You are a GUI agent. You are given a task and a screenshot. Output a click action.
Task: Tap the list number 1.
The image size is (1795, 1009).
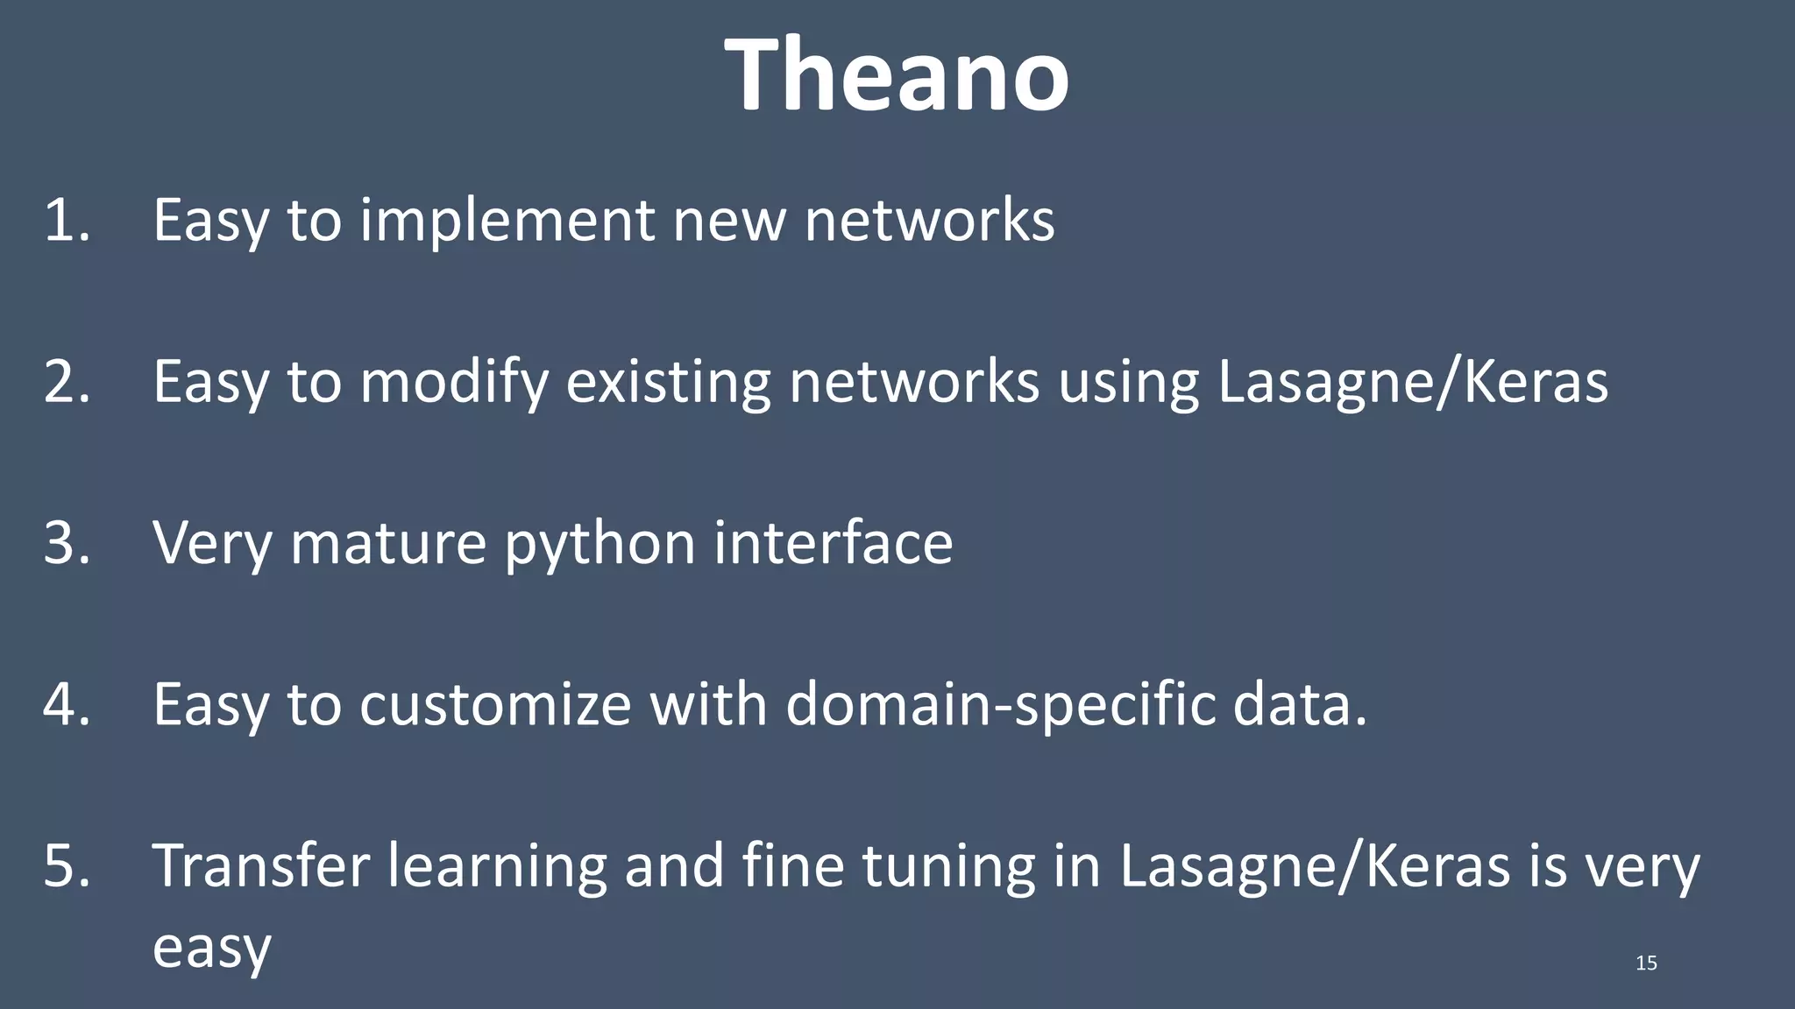(x=66, y=220)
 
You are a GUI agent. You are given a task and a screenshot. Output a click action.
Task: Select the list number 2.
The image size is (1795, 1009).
(x=67, y=382)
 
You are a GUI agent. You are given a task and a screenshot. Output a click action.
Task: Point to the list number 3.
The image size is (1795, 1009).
(x=67, y=543)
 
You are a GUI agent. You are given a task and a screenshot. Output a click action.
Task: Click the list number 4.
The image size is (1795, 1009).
(x=67, y=704)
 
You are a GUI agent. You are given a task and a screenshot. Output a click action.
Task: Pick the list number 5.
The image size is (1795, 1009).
(x=67, y=865)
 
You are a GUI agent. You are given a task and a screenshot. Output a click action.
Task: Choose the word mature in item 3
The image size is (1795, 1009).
(x=387, y=544)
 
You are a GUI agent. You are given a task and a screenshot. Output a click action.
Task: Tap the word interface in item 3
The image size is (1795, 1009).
(x=833, y=543)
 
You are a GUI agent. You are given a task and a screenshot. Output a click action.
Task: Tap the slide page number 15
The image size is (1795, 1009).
(x=1646, y=963)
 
